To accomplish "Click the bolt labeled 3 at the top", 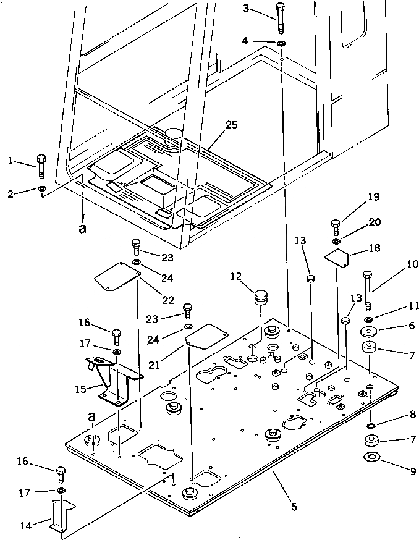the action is pos(280,19).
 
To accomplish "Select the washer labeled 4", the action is pos(281,43).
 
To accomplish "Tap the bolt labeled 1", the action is pos(41,167).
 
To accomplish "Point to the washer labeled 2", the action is pos(41,188).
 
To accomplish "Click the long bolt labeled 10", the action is pos(367,290).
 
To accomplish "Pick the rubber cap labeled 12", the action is pos(261,298).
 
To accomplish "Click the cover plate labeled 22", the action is pos(117,277).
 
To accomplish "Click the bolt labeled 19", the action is pos(336,227).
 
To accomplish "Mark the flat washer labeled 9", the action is pos(372,457).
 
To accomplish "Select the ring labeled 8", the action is pos(371,426).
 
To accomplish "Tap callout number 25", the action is pos(231,125).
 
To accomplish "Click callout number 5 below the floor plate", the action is pos(294,507).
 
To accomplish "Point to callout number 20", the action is pos(375,222).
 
